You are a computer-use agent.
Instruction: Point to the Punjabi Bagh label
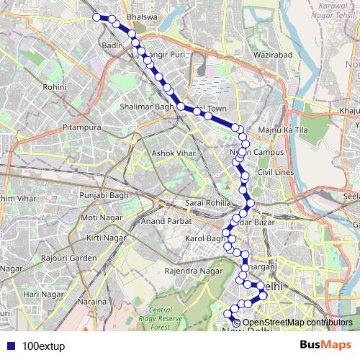point(103,194)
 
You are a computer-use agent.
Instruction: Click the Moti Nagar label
point(99,217)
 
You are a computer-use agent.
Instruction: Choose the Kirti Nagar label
point(102,237)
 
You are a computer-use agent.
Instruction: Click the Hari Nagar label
point(40,294)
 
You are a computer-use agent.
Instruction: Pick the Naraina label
point(94,301)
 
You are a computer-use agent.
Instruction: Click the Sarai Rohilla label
point(207,202)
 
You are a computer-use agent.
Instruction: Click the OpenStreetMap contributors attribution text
point(297,323)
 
